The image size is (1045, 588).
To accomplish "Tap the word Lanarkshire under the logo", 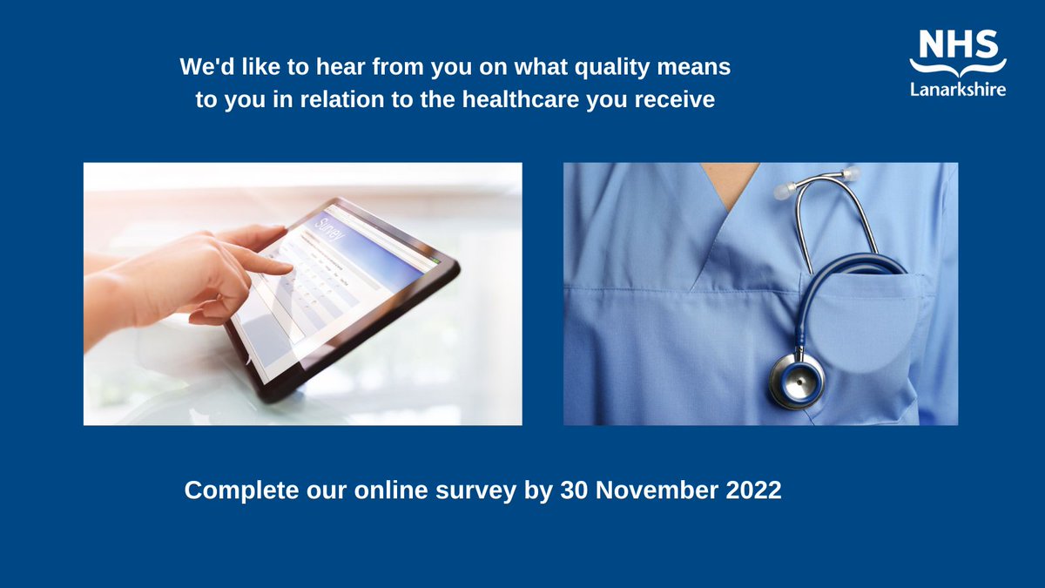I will (958, 89).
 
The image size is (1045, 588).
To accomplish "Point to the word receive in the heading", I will (681, 100).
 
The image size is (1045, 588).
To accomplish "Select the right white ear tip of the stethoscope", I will (852, 175).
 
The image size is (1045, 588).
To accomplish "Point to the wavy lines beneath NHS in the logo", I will (958, 67).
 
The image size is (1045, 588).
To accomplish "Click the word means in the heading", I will (697, 67).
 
